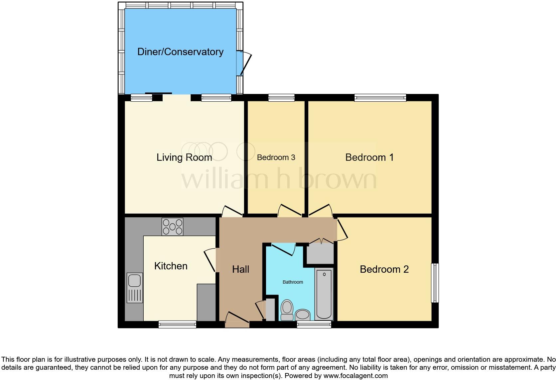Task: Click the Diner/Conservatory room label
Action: click(180, 52)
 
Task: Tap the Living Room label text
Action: click(184, 157)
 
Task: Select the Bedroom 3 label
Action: click(276, 157)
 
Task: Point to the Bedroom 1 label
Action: click(369, 157)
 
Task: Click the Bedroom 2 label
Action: click(384, 269)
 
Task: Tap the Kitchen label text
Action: click(171, 266)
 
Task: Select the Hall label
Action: click(240, 269)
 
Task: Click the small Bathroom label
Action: click(293, 282)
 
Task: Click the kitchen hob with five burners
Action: click(172, 227)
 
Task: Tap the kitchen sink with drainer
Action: click(135, 288)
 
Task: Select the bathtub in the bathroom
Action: click(324, 294)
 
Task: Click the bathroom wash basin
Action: click(303, 315)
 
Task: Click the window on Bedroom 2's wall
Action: click(435, 283)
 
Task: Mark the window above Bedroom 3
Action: click(281, 98)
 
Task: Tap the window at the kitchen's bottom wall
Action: click(177, 324)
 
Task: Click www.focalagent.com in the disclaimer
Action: click(355, 376)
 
